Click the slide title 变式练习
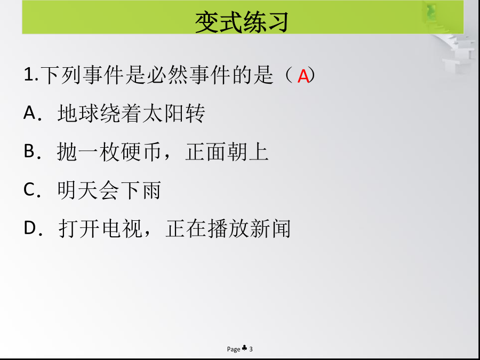(242, 22)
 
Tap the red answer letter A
(303, 76)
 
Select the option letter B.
(29, 151)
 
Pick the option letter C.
(29, 189)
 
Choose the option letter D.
(30, 228)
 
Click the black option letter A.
(30, 113)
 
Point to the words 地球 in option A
(78, 113)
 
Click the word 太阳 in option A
(163, 113)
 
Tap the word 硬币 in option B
(141, 152)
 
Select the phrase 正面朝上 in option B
(227, 152)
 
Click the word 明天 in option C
(78, 190)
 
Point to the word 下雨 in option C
(140, 190)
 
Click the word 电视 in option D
(122, 229)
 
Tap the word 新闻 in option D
(270, 229)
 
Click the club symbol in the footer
(244, 348)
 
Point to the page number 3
(251, 349)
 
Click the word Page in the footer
(234, 349)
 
